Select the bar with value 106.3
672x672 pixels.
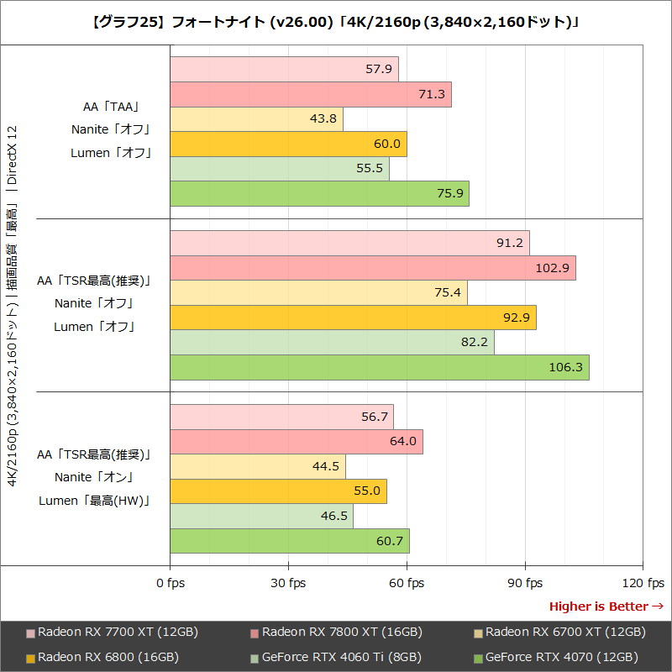(379, 367)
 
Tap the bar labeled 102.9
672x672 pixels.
(372, 269)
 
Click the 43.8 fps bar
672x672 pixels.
(256, 119)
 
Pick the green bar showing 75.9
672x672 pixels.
(319, 193)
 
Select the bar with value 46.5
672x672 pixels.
(261, 516)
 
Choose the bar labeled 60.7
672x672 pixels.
(290, 541)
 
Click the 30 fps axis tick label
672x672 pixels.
(288, 583)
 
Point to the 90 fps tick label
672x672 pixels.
(525, 583)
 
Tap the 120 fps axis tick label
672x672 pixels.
(643, 583)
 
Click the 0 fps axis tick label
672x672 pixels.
(171, 583)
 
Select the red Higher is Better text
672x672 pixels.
(606, 606)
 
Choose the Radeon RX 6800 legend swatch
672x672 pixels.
(31, 658)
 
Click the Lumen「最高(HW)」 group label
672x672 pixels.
(94, 501)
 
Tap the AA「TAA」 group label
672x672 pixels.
(110, 107)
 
